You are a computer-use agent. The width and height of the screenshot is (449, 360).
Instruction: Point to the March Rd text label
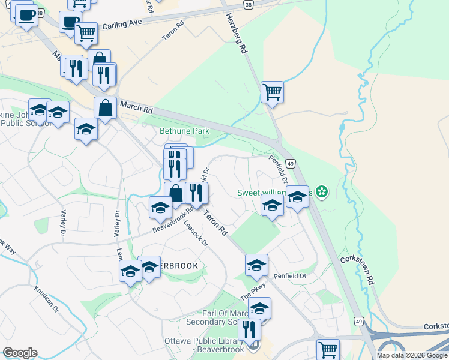pos(136,109)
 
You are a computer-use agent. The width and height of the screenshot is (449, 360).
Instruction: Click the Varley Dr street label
pos(62,222)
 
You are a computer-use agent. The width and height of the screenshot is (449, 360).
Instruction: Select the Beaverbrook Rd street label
pos(172,220)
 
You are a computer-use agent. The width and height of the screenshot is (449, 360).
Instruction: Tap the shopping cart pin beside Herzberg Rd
pos(272,92)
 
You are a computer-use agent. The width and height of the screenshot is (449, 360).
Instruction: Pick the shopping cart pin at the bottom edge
pos(328,349)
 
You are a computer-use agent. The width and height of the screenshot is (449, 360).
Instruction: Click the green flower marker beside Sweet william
pos(322,192)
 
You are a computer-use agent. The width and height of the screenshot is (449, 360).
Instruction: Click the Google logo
pos(20,353)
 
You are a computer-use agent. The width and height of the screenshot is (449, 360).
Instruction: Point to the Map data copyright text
pos(412,355)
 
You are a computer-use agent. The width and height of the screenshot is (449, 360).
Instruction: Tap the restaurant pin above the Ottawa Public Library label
pos(249,329)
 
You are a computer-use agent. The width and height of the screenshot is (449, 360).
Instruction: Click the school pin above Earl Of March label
pos(259,308)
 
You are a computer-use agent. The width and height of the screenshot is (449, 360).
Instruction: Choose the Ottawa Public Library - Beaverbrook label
pos(203,345)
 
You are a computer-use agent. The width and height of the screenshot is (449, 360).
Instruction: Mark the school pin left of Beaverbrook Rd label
pos(160,208)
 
